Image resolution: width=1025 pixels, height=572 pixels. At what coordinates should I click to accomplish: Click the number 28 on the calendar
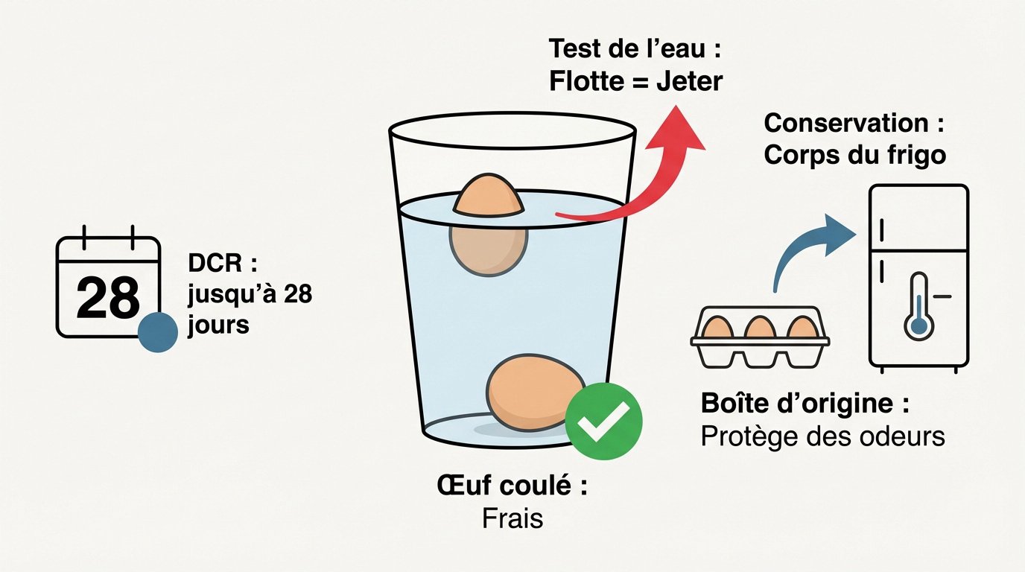pos(108,298)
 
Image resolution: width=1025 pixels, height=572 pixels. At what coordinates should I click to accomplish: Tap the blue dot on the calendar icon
pos(158,332)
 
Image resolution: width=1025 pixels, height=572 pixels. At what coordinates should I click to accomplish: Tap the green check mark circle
pos(603,422)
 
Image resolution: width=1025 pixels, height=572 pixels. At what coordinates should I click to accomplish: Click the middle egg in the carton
pos(760,328)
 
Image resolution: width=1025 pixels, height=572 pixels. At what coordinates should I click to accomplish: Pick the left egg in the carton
pos(718,328)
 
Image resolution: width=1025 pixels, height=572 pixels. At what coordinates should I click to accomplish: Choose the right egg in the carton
pos(802,328)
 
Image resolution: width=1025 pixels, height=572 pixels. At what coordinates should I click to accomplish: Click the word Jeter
pos(689,81)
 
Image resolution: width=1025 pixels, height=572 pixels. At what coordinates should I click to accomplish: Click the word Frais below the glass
pos(512,518)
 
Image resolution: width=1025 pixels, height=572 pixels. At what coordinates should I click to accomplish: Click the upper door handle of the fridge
pos(880,226)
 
